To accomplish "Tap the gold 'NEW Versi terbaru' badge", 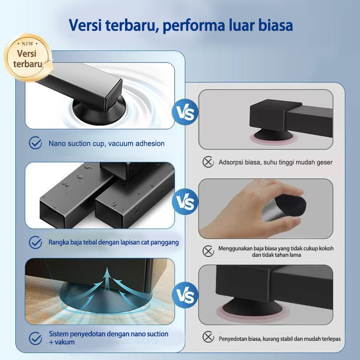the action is (x=27, y=58).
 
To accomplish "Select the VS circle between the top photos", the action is (x=185, y=112).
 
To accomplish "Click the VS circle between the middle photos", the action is (x=185, y=202).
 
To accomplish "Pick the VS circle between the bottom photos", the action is (x=185, y=295).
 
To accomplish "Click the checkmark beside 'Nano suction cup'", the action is (x=36, y=143).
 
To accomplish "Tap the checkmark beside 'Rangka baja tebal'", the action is (x=36, y=242).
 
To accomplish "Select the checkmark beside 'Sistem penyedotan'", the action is (x=36, y=338).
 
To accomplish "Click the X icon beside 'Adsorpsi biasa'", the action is (x=208, y=162).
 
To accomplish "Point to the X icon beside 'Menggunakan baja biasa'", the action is (x=208, y=251).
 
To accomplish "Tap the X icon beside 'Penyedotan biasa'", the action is (x=208, y=337).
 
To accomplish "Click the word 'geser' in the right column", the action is (x=324, y=162).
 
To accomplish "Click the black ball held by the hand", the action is (x=291, y=206).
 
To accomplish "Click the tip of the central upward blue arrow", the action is (x=107, y=269).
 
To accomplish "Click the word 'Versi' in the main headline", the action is (x=85, y=25).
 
